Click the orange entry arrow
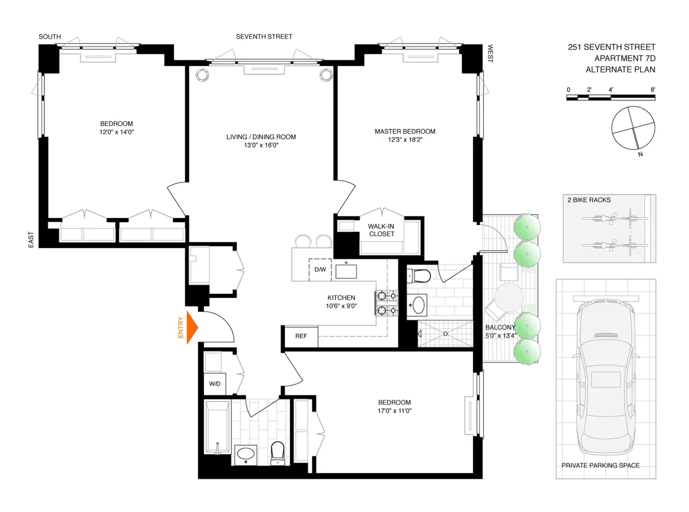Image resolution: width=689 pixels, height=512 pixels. [x=192, y=327]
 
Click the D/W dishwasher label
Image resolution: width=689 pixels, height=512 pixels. [x=319, y=270]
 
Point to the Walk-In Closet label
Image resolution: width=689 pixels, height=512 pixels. [x=381, y=230]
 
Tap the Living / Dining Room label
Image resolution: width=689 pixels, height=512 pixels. [x=261, y=137]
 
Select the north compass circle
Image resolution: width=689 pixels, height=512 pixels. [x=633, y=127]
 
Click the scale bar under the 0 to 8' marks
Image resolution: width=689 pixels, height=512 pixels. [x=610, y=98]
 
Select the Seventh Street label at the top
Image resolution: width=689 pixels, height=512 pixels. [x=264, y=37]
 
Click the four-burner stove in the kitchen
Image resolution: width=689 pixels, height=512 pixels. [x=386, y=304]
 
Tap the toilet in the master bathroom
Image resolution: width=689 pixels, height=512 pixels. [x=421, y=276]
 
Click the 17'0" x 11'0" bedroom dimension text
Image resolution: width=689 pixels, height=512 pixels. [x=394, y=411]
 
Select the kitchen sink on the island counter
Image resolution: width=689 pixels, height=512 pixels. [x=347, y=270]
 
